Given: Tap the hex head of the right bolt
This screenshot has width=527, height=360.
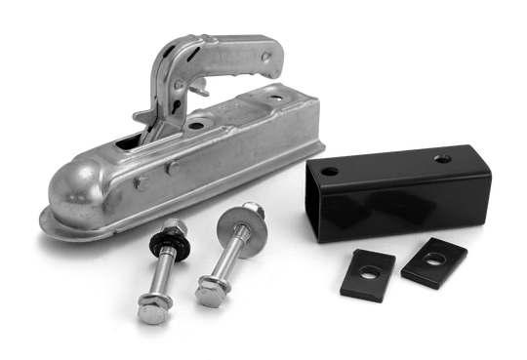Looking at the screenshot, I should point(209,286).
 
